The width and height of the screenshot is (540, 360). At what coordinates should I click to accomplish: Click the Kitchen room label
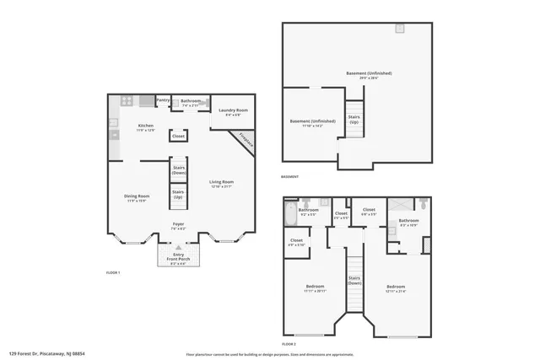147,126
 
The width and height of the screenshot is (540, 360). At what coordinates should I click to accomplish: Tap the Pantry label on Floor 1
164,99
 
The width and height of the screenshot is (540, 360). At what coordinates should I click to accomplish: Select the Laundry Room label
232,110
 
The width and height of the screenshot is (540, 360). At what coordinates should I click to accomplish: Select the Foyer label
179,224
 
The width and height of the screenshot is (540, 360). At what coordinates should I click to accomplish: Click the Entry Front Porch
179,256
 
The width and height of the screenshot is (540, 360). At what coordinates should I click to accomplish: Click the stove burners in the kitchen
127,100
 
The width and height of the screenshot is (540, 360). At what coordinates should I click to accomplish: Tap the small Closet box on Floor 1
179,136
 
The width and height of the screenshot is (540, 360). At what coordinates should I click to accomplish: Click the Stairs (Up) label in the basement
354,120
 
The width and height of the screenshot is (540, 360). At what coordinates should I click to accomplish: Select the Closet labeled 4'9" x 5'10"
296,241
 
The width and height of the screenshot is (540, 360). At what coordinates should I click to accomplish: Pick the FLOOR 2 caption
289,345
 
